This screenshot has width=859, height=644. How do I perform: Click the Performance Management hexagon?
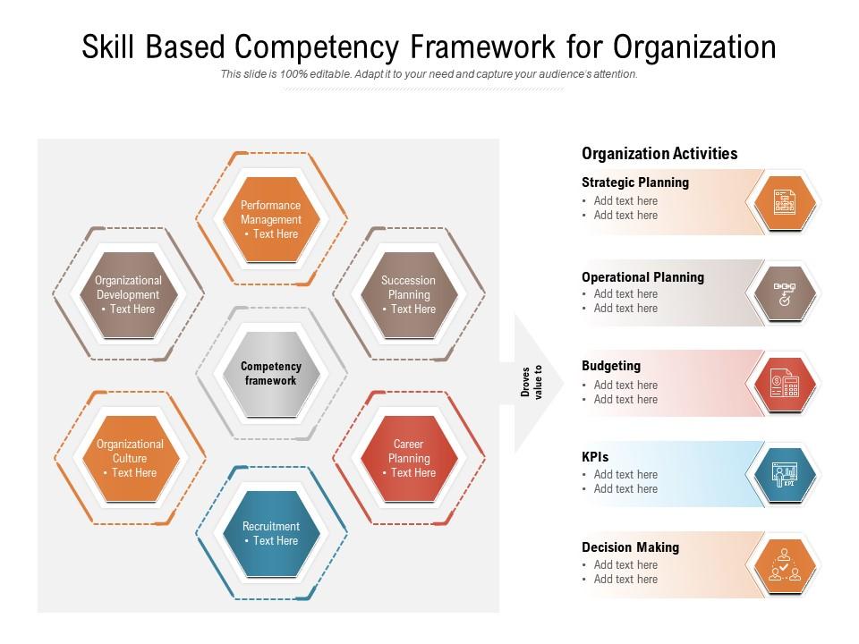pos(271,219)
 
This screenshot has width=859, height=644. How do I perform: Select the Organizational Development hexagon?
pos(128,295)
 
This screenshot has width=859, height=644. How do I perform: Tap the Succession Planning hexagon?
pos(409,295)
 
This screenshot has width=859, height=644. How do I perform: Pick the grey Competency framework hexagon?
pos(271,374)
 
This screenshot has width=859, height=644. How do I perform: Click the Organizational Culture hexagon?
pos(130,458)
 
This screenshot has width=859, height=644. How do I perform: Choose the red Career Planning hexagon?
pos(409,458)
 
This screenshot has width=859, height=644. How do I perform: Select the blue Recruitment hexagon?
pos(271,534)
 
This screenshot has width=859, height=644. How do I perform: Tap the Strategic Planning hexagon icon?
pos(785,201)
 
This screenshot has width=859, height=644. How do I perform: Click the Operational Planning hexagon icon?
pos(785,293)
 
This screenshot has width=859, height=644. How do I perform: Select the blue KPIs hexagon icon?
pos(785,474)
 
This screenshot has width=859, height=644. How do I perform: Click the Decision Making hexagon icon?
pos(785,565)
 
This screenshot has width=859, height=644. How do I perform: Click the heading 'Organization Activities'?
pos(659,154)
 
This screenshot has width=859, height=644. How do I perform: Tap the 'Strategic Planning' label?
pos(635,182)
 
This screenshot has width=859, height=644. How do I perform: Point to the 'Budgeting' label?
pos(611,366)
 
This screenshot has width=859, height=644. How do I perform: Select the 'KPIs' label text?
pos(595,457)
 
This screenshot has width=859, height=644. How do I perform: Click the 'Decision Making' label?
pos(630,547)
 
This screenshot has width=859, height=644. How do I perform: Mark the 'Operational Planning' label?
pos(642,277)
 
